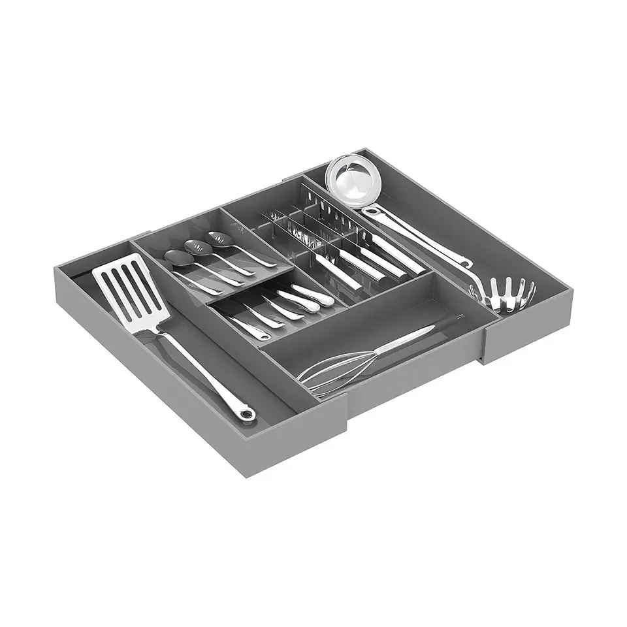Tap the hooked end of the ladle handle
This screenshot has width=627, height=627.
(x=466, y=264)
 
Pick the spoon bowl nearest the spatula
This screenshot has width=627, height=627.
(x=174, y=257)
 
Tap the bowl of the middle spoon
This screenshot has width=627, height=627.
(x=195, y=247)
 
